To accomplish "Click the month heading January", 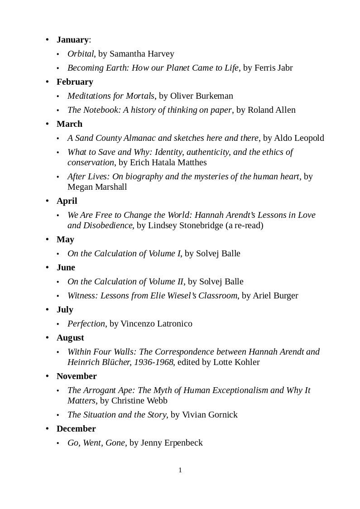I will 72,40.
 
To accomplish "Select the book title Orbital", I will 81,54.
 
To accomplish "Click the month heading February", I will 75,82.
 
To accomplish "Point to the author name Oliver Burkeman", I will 202,96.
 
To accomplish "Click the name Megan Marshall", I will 97,187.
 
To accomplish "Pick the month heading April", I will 67,201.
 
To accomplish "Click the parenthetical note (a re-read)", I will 244,226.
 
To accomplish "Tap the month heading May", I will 65,240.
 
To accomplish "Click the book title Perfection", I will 86,324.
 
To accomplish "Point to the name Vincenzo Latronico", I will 156,324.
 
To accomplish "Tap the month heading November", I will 77,376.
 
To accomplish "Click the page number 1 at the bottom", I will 180,471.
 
